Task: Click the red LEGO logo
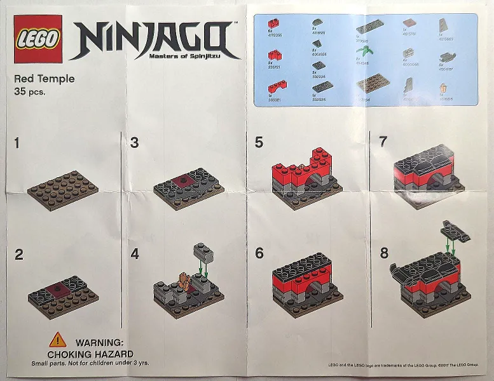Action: point(38,39)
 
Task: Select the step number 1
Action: point(17,144)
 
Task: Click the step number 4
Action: point(134,254)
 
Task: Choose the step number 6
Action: point(259,253)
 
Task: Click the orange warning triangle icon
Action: point(58,340)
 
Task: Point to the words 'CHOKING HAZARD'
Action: point(90,354)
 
